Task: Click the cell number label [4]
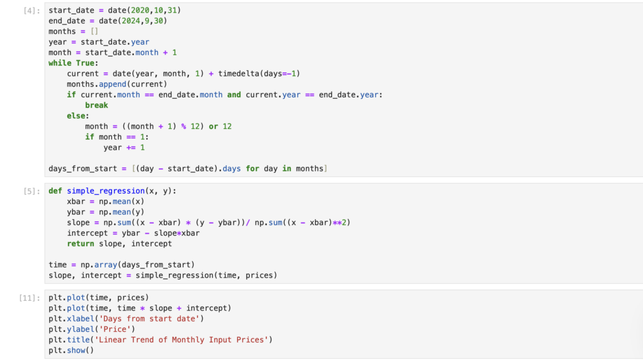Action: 30,11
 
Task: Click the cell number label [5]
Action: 30,191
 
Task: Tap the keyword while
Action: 60,63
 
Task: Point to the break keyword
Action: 97,106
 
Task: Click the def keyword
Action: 55,191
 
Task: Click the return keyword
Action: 80,244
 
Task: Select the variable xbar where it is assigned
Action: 76,202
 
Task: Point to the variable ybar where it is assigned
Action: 76,212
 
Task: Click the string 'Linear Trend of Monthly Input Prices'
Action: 177,340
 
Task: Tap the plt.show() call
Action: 71,351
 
